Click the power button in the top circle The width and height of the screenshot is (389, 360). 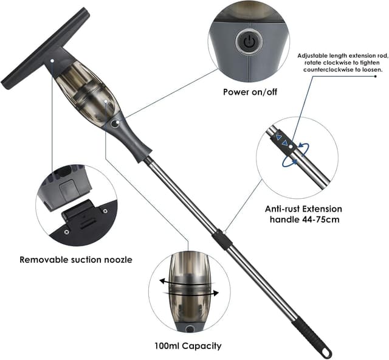[x=248, y=42]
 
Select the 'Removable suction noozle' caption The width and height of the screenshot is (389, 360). [x=76, y=260]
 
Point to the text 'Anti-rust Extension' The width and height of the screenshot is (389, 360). [x=303, y=209]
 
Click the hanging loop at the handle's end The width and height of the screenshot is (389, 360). [x=326, y=352]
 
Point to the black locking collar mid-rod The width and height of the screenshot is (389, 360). [x=223, y=239]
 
